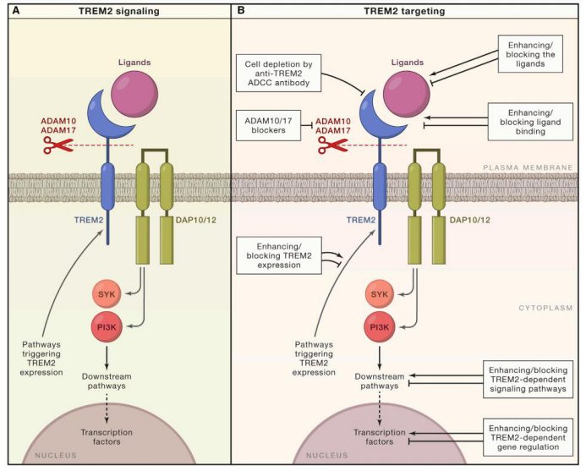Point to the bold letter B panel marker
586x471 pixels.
(x=242, y=9)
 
